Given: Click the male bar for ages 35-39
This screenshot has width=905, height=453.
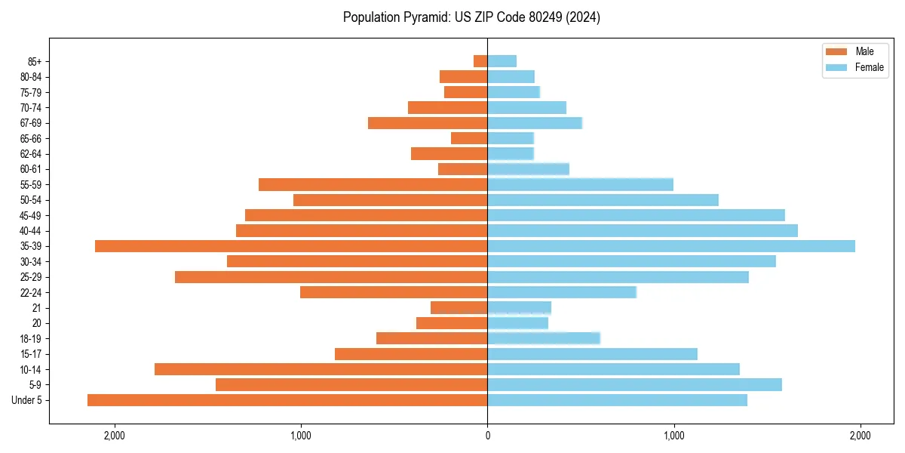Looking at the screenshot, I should (x=291, y=246).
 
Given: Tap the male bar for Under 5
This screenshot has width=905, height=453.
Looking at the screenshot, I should (x=287, y=400).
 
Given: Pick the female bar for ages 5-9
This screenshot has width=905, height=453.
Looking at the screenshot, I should (x=634, y=385).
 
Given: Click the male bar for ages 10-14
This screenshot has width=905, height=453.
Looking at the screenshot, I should (x=321, y=369).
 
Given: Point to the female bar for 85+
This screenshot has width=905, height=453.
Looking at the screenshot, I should (x=502, y=61).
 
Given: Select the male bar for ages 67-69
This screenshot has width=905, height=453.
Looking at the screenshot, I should (x=428, y=123).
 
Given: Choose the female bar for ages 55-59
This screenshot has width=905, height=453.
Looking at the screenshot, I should (x=580, y=184).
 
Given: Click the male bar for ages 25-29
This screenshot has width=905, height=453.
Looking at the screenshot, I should (x=331, y=277).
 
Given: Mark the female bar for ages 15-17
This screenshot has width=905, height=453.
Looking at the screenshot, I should (x=592, y=354).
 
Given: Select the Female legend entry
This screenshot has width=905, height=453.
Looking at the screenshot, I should (x=854, y=67).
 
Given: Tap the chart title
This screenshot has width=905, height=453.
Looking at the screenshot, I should (x=471, y=17).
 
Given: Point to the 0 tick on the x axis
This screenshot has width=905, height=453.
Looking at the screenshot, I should (x=487, y=436).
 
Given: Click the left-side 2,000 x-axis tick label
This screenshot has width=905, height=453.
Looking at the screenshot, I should (x=115, y=436).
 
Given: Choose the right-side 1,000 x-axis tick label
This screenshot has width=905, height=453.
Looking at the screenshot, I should (x=673, y=436).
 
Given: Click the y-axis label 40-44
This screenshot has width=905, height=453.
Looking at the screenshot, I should (x=31, y=231).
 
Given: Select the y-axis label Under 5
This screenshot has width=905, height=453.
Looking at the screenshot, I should (x=27, y=400).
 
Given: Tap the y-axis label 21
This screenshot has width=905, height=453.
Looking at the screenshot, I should (x=37, y=308).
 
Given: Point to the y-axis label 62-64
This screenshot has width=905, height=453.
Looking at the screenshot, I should (x=31, y=154).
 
